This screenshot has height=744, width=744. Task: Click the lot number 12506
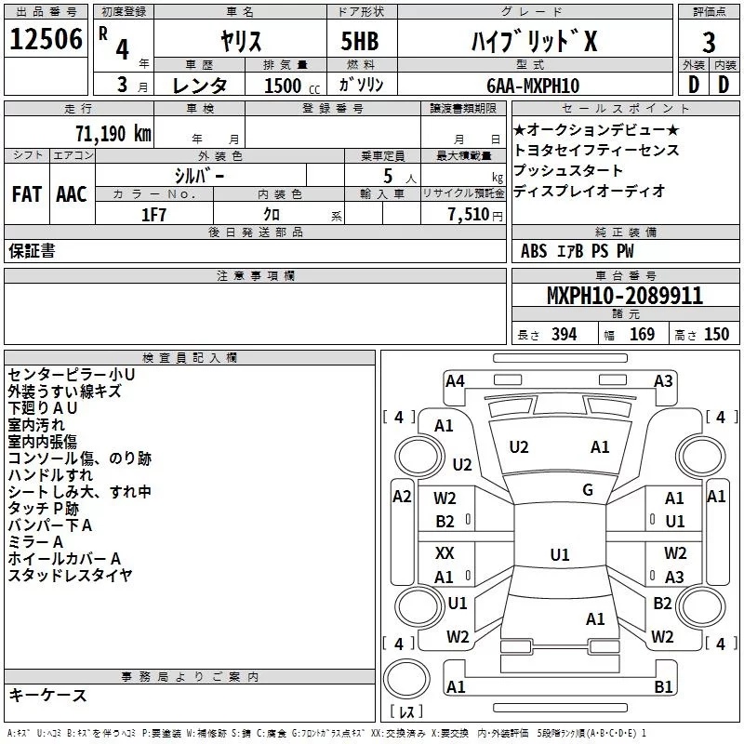[45, 40]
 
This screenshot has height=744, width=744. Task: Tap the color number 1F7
[153, 214]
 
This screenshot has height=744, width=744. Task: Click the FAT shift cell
[26, 194]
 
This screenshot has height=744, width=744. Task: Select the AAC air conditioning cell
[71, 194]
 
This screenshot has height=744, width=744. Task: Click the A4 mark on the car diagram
[455, 380]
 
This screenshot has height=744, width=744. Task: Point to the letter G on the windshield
[588, 490]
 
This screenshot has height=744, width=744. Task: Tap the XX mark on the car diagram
[445, 553]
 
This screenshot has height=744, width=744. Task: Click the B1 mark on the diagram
[663, 687]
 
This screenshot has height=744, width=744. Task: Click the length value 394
[564, 335]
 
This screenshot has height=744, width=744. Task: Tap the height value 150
[716, 335]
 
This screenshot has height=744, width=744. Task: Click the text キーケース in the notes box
[47, 696]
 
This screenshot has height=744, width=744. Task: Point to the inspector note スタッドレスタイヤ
[70, 575]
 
